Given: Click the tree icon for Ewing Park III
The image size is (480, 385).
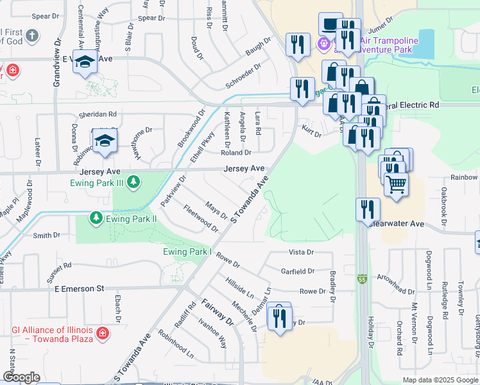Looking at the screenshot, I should point(133,183).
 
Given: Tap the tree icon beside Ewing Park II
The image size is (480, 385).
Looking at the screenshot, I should point(96,219).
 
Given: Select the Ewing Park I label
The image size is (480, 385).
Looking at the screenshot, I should point(187,252).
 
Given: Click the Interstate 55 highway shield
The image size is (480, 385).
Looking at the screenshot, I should point(363,279).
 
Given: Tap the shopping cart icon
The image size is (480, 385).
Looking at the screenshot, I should point(397,185).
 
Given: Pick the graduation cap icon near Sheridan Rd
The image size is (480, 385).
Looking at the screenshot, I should point(105,141).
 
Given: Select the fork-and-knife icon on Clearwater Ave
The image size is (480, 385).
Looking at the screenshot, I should point(368,209).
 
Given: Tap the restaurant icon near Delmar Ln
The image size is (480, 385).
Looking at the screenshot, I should point(279,317).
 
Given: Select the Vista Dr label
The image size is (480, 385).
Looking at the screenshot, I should point(301,252).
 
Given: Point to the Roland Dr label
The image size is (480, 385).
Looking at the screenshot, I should point(236,153).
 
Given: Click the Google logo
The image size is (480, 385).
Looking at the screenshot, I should point(21,377).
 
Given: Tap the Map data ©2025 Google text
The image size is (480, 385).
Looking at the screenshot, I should point(440,380).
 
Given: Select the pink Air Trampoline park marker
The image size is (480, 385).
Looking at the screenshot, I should point(324,44).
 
